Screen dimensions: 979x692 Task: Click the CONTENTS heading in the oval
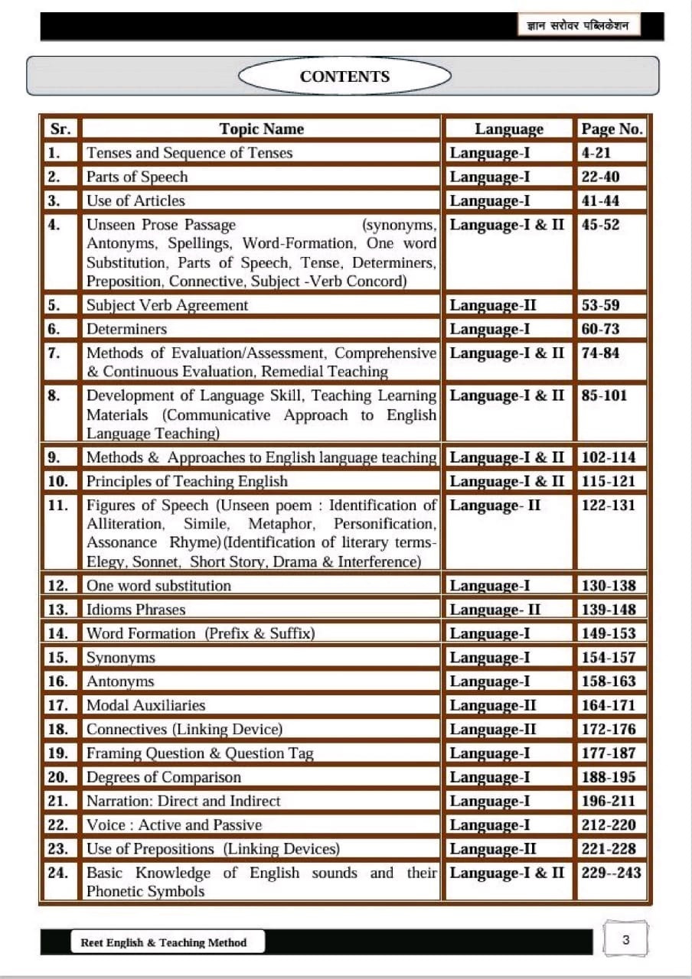pyautogui.click(x=344, y=76)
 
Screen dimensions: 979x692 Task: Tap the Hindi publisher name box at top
pyautogui.click(x=579, y=27)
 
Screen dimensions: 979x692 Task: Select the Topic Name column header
pyautogui.click(x=261, y=128)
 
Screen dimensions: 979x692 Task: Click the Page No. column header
pyautogui.click(x=612, y=128)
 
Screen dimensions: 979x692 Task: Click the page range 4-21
pyautogui.click(x=596, y=153)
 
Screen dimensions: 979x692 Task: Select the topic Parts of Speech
pyautogui.click(x=137, y=177)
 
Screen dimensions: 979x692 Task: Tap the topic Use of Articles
pyautogui.click(x=135, y=200)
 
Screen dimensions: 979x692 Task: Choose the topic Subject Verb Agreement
pyautogui.click(x=167, y=305)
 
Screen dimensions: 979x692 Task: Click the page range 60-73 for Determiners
pyautogui.click(x=601, y=329)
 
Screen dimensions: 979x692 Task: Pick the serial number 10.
pyautogui.click(x=58, y=481)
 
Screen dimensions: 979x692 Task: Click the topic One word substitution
pyautogui.click(x=158, y=586)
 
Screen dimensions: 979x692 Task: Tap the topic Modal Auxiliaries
pyautogui.click(x=145, y=705)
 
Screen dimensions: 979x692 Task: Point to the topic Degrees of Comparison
pyautogui.click(x=163, y=777)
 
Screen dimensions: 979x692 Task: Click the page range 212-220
pyautogui.click(x=609, y=825)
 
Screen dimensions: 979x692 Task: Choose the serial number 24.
pyautogui.click(x=58, y=873)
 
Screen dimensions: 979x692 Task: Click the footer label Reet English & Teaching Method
pyautogui.click(x=164, y=942)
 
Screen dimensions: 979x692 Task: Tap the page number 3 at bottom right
pyautogui.click(x=626, y=940)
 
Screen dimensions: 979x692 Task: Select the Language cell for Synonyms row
pyautogui.click(x=490, y=658)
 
